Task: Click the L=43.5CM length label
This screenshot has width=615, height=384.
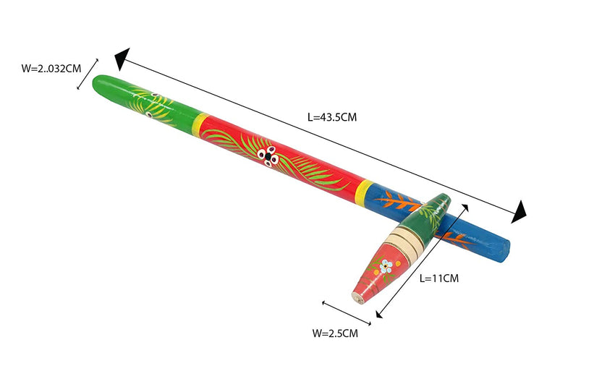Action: click(x=332, y=117)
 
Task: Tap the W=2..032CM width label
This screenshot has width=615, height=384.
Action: click(x=51, y=69)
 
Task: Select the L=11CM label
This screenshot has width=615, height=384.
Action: click(x=439, y=278)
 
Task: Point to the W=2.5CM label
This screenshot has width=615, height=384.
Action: click(x=335, y=333)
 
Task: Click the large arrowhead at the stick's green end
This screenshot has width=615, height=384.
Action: click(x=122, y=59)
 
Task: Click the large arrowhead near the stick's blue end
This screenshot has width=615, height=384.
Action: click(x=519, y=212)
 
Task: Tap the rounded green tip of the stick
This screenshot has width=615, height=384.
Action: click(x=99, y=83)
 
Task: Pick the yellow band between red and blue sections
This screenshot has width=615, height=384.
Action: click(x=365, y=192)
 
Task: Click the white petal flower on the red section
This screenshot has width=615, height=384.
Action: click(x=268, y=156)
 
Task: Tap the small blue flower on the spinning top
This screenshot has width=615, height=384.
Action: click(x=386, y=266)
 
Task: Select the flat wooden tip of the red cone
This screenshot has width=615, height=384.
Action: click(x=357, y=299)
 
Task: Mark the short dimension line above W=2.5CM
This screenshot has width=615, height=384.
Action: click(x=347, y=313)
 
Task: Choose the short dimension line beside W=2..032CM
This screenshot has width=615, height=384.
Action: click(x=88, y=74)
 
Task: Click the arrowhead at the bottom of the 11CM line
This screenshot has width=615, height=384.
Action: click(x=379, y=315)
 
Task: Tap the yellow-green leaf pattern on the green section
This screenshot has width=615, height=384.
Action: click(x=153, y=105)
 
